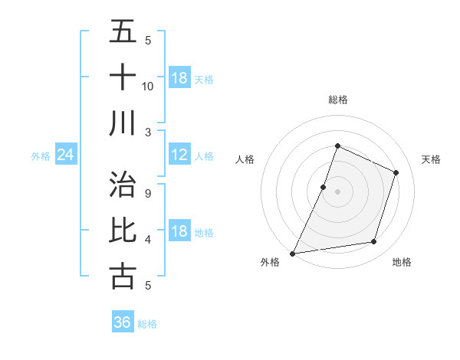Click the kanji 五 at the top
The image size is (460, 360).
pos(123,31)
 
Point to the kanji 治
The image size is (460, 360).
pos(123,185)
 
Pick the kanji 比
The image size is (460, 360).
pos(123,231)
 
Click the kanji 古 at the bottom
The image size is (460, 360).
pos(123,276)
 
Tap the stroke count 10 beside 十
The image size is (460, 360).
pos(148,86)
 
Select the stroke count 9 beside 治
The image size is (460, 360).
pos(148,193)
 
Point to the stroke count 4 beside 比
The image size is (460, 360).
pos(148,240)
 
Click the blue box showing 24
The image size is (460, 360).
pos(65,155)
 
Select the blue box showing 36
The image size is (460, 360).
pos(122,322)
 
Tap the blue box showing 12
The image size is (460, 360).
pos(179,155)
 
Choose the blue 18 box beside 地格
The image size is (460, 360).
pos(179,232)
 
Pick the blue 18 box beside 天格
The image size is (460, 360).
pos(179,78)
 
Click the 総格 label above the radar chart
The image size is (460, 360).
pos(338,100)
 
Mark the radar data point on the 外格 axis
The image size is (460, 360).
pos(293,254)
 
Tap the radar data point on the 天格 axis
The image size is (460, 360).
pos(396,172)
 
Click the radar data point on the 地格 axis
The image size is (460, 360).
pos(374,242)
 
